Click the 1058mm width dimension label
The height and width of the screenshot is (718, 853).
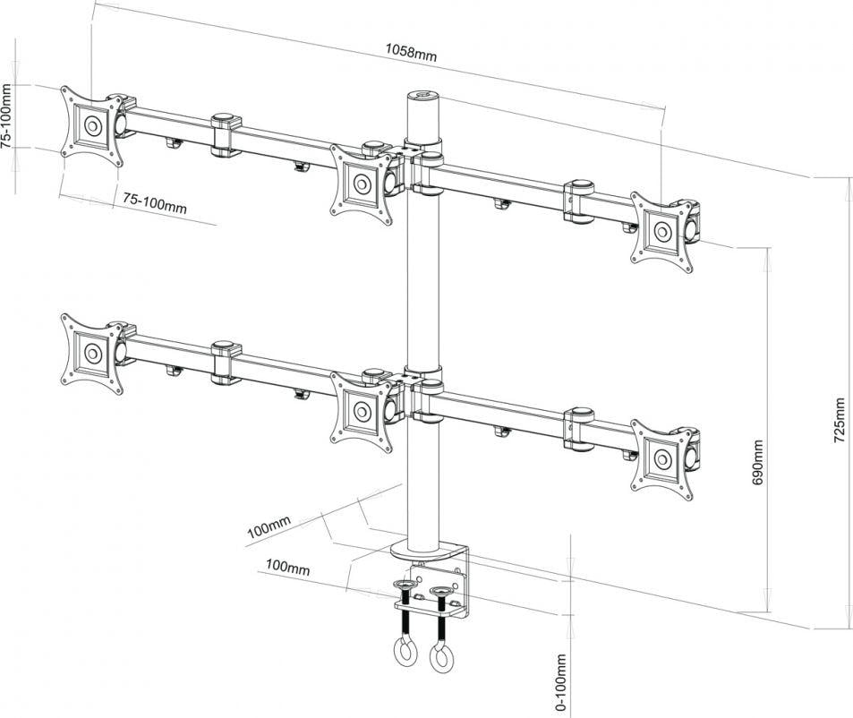[411, 51]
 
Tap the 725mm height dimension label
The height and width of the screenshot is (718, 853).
[839, 421]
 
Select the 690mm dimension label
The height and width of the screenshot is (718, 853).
[757, 461]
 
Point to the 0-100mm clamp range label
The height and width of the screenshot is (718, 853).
[560, 682]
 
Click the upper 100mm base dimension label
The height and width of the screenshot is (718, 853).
[269, 528]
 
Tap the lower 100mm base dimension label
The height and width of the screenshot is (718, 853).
[287, 568]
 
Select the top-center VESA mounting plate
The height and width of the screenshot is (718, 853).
[362, 184]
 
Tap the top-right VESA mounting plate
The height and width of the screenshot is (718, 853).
[663, 232]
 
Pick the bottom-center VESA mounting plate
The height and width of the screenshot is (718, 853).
[362, 412]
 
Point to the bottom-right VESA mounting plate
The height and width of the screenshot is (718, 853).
[663, 459]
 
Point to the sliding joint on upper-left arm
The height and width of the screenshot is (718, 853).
[226, 134]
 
